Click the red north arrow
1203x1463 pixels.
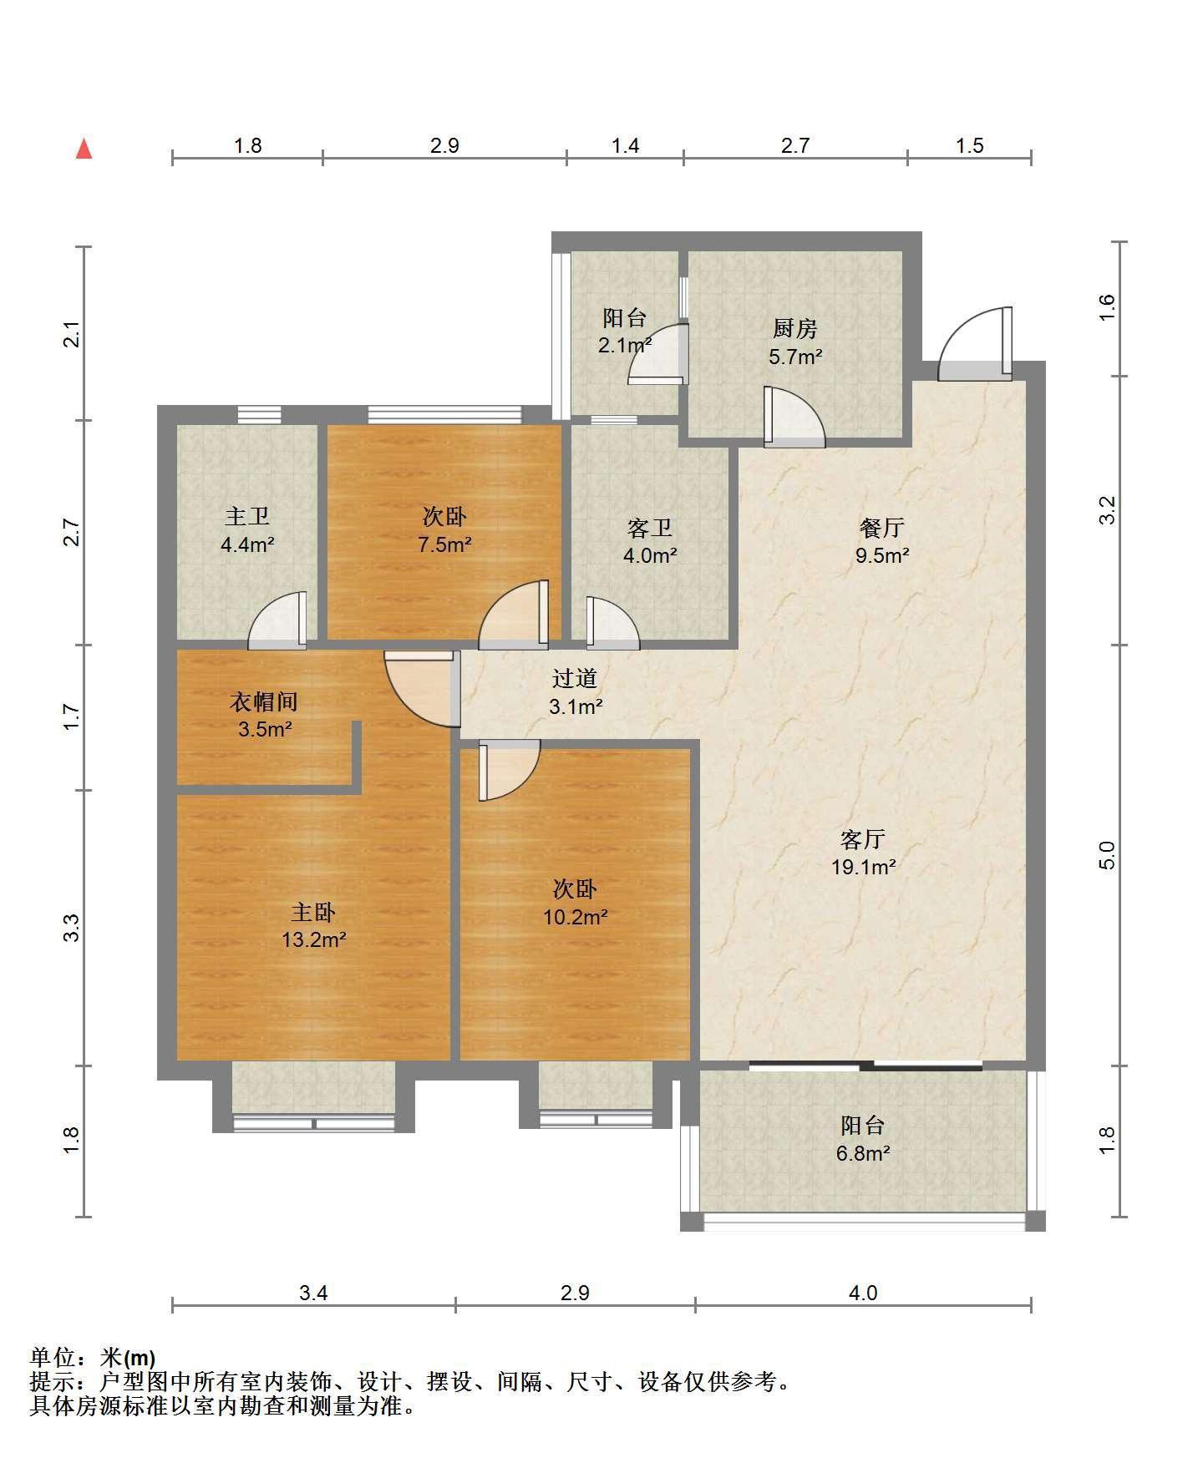tap(84, 149)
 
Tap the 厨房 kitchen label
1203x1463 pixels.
tap(794, 329)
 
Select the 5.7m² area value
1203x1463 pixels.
tap(795, 357)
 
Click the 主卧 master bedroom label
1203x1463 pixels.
tap(313, 912)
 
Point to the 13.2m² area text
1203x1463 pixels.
tap(313, 939)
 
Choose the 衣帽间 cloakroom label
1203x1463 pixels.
tap(264, 701)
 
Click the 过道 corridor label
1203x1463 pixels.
tap(575, 678)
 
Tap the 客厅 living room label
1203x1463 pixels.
tap(863, 838)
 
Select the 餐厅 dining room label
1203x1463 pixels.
tap(882, 528)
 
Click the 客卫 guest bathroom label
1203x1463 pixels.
tap(650, 528)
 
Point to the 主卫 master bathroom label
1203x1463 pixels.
tap(247, 517)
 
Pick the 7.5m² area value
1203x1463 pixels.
tap(444, 544)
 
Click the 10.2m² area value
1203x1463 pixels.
tap(575, 917)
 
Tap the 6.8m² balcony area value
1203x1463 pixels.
tap(863, 1153)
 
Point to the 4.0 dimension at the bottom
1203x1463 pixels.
tap(863, 1293)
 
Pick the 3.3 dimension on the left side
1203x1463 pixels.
tap(72, 928)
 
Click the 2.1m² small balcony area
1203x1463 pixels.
tap(625, 345)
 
